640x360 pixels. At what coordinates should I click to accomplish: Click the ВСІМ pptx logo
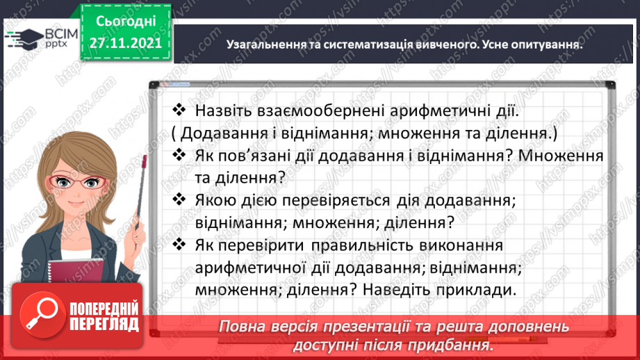point(40,37)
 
